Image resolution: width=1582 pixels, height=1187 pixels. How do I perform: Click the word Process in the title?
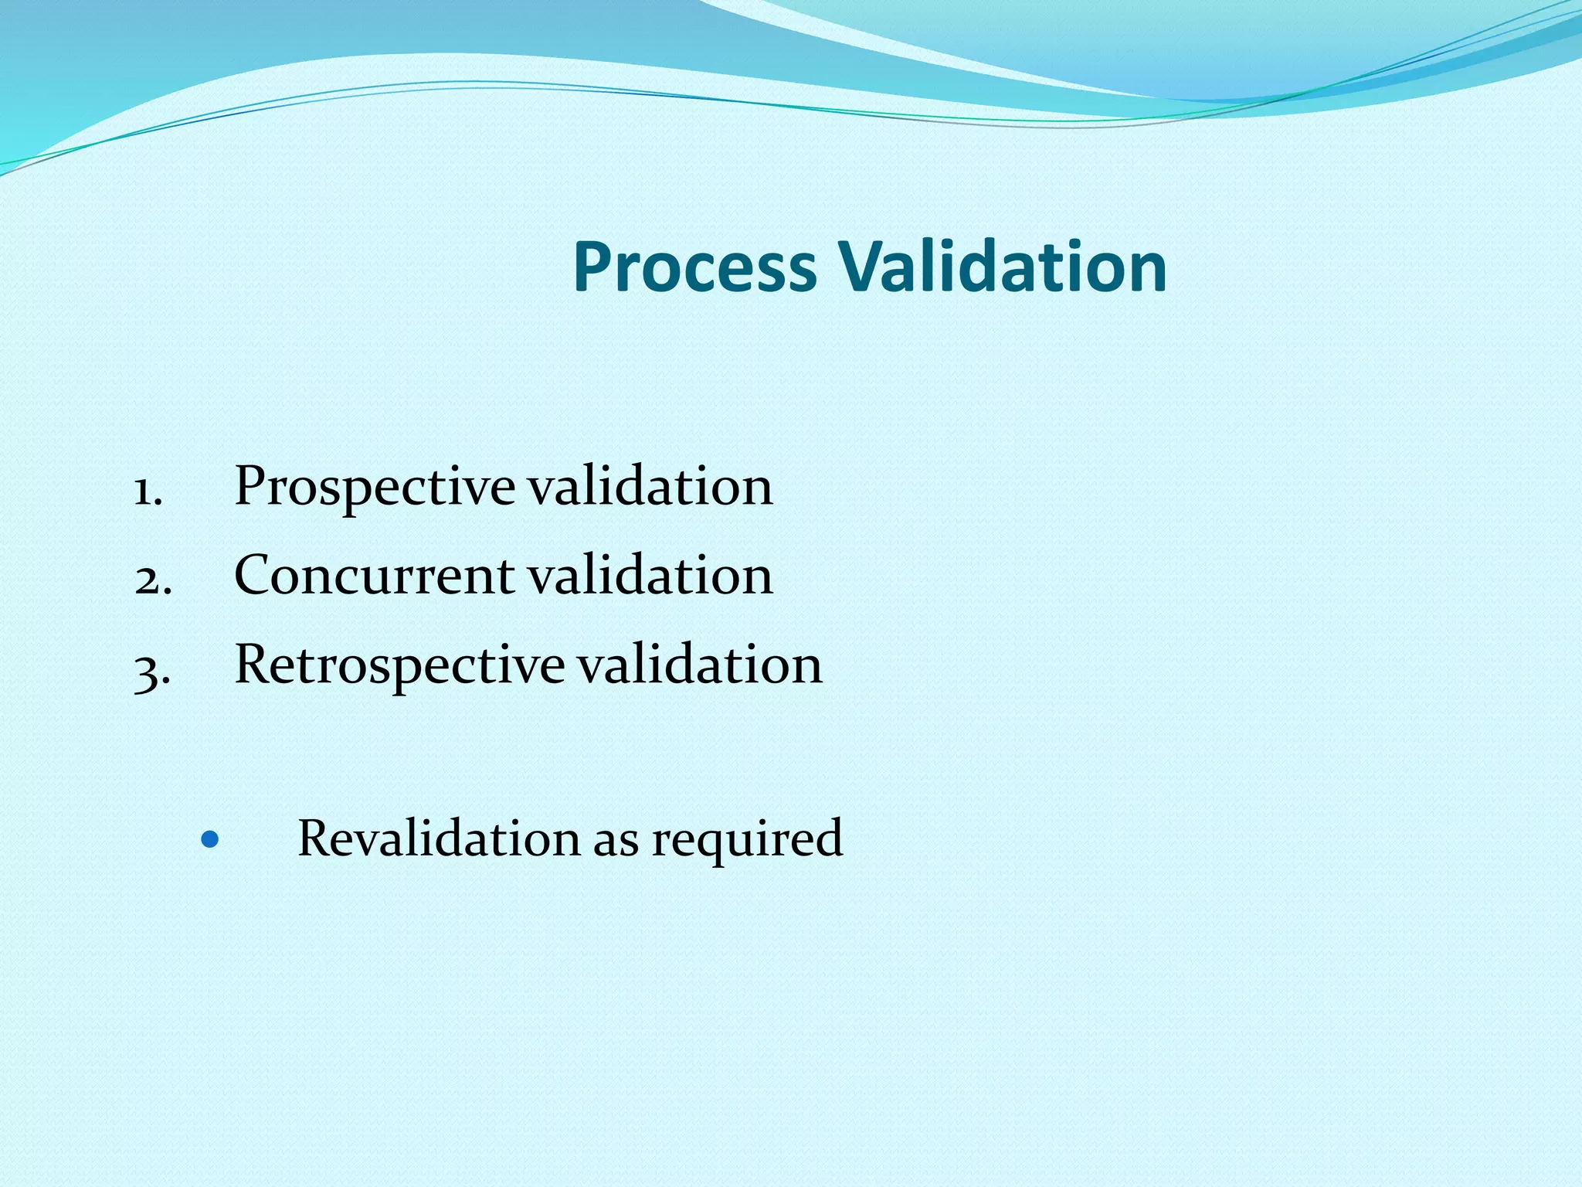pyautogui.click(x=694, y=267)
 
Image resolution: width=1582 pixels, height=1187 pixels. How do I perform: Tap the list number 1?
pyautogui.click(x=147, y=491)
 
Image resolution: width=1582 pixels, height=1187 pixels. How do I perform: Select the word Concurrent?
pyautogui.click(x=375, y=576)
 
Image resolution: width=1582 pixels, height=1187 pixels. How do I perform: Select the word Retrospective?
pyautogui.click(x=399, y=665)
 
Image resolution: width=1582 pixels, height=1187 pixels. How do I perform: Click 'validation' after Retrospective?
pyautogui.click(x=700, y=665)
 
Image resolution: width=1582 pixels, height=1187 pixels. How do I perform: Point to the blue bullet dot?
pyautogui.click(x=209, y=838)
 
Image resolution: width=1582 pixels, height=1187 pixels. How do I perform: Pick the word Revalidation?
pyautogui.click(x=439, y=838)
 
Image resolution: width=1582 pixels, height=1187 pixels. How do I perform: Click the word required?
pyautogui.click(x=747, y=841)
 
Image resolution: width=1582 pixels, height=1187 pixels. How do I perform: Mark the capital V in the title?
pyautogui.click(x=865, y=267)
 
